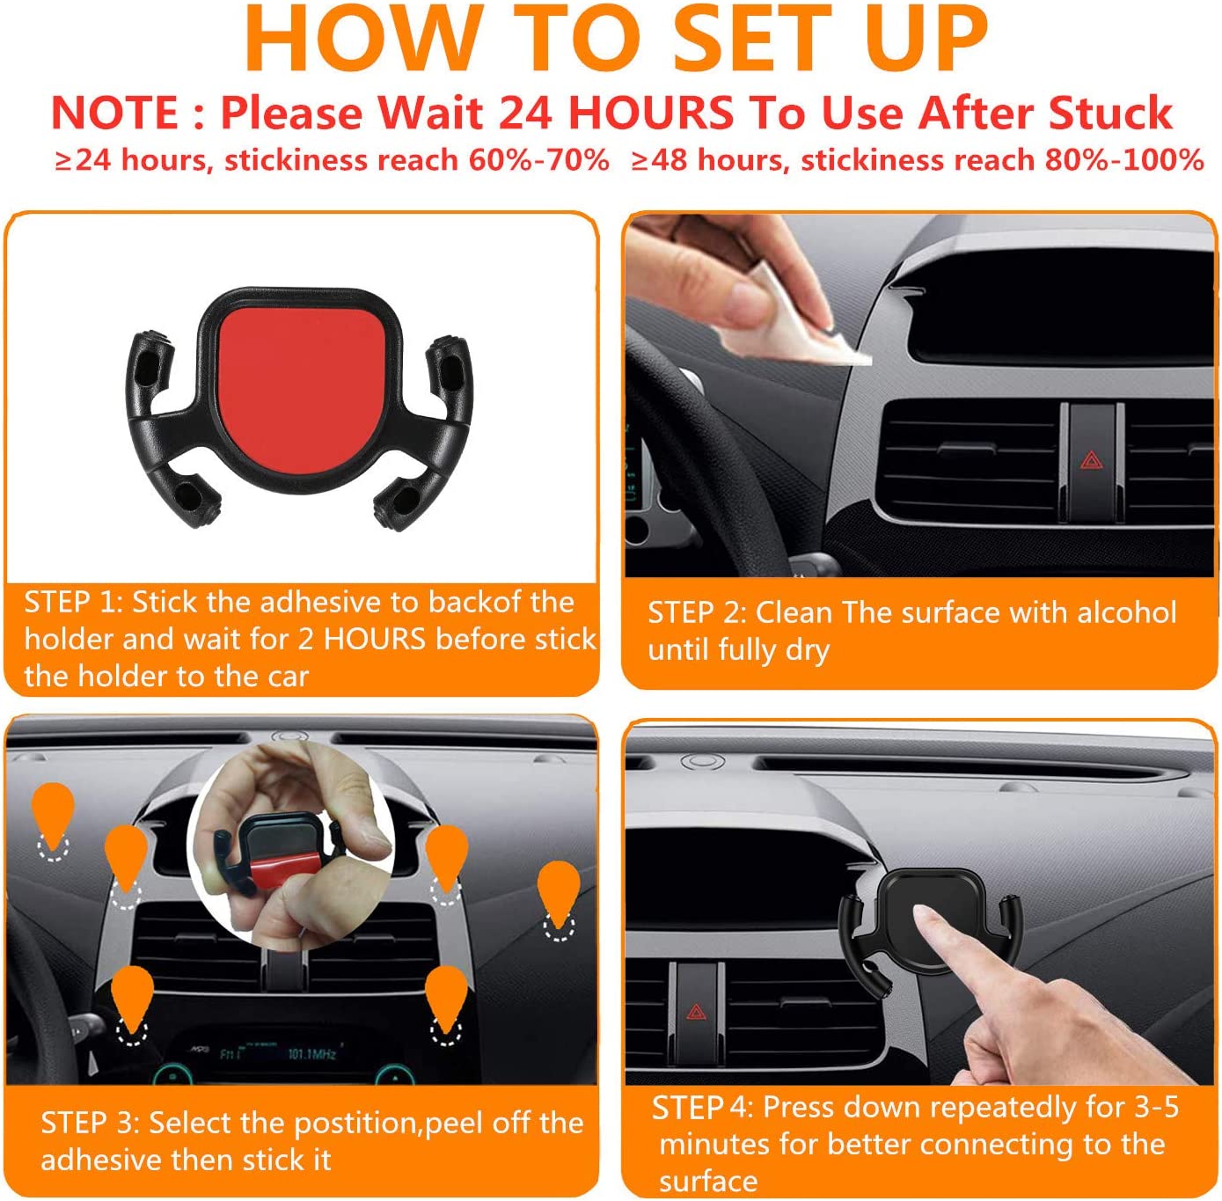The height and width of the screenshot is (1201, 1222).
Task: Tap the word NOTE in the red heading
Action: pyautogui.click(x=114, y=114)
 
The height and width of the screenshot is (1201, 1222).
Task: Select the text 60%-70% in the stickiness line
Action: pyautogui.click(x=538, y=160)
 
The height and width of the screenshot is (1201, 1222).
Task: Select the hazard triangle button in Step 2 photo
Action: pyautogui.click(x=1091, y=459)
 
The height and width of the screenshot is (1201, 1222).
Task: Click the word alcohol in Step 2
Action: pyautogui.click(x=1126, y=612)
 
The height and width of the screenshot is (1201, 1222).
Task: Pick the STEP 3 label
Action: pyautogui.click(x=89, y=1123)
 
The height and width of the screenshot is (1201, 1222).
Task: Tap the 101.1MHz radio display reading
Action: pyautogui.click(x=311, y=1053)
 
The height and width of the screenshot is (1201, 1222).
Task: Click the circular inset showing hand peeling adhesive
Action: pyautogui.click(x=290, y=845)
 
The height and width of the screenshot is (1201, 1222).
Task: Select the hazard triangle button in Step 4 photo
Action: pyautogui.click(x=696, y=1012)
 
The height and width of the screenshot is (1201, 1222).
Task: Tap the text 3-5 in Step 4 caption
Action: pyautogui.click(x=1156, y=1107)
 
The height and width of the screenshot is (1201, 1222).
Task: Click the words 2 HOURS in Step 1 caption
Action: pyautogui.click(x=362, y=639)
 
